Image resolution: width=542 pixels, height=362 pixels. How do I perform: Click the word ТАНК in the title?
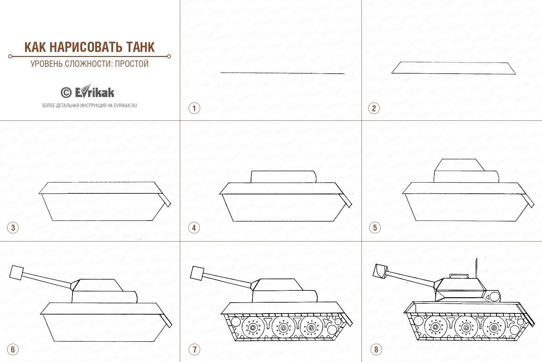click(x=141, y=47)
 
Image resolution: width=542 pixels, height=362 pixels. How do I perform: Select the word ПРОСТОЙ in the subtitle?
click(x=132, y=64)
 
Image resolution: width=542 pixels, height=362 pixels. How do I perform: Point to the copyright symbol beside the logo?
click(x=66, y=93)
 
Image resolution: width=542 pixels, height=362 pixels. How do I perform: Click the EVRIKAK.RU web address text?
click(x=125, y=106)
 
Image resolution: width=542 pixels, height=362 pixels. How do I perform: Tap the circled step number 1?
click(x=194, y=108)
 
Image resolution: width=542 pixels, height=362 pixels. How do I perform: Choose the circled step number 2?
click(x=374, y=108)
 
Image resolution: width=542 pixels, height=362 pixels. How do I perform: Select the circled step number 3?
click(x=13, y=228)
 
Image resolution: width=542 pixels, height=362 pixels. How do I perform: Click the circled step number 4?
click(x=194, y=228)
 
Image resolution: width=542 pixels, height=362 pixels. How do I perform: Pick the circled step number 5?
click(x=375, y=228)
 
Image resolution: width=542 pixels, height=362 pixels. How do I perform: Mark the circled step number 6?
click(x=13, y=349)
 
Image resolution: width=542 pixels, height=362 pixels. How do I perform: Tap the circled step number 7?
click(x=194, y=349)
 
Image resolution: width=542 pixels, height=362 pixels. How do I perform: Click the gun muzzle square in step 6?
click(x=17, y=272)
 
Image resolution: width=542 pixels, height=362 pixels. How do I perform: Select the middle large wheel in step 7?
click(x=283, y=328)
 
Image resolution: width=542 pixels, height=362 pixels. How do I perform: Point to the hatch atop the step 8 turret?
click(x=459, y=276)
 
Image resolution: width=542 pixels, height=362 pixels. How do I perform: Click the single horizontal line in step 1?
click(x=283, y=73)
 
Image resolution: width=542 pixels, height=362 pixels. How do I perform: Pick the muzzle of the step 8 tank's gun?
click(x=380, y=271)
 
